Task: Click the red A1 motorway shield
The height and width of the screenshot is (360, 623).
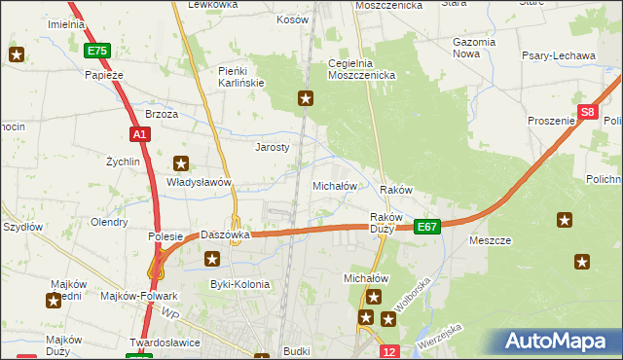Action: point(138,134)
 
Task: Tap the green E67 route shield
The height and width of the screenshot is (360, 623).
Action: point(427,226)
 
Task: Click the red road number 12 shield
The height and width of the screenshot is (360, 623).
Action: point(389,350)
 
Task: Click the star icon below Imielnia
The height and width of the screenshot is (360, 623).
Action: point(17,54)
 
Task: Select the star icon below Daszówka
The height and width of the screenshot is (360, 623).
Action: point(213,259)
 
